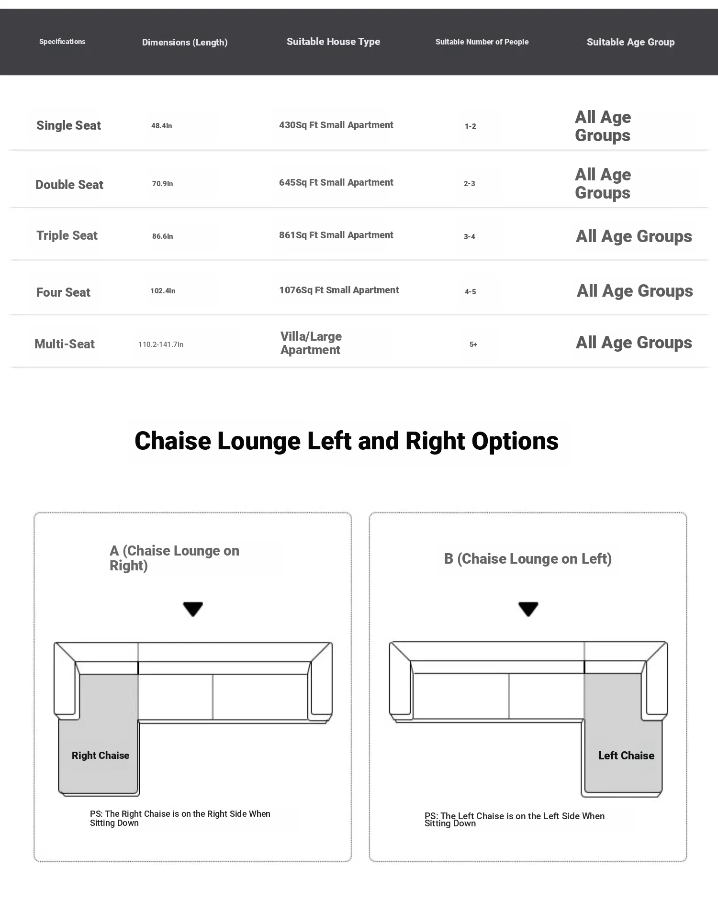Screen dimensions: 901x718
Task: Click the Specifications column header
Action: point(62,42)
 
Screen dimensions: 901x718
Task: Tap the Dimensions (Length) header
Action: point(185,42)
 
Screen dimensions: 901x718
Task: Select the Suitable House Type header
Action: point(333,42)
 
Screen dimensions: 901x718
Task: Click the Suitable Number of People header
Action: point(482,42)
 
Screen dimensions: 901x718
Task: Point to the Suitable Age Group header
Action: point(630,42)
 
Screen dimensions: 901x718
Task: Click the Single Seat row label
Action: point(68,125)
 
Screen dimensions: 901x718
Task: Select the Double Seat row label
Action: point(69,185)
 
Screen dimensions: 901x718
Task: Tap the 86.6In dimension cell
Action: point(163,236)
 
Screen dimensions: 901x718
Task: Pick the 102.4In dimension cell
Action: point(163,291)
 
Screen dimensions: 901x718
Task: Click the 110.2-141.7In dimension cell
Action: point(161,345)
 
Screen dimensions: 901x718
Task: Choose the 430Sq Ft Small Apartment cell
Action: point(336,125)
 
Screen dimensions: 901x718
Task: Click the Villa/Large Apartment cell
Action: point(311,343)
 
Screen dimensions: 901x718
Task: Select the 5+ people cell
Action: point(473,345)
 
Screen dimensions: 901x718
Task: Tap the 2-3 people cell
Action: point(470,184)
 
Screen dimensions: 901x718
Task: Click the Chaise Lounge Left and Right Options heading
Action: point(347,441)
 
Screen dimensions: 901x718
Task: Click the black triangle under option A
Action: point(193,609)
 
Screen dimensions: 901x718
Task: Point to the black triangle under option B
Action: point(528,609)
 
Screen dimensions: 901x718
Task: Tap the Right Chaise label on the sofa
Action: point(101,756)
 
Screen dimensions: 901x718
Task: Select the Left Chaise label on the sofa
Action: point(626,756)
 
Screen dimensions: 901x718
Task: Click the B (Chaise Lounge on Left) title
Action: point(528,559)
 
